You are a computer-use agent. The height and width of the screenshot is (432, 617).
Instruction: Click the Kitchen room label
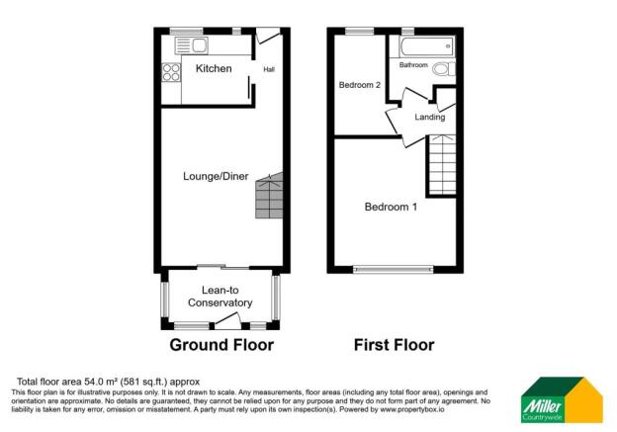click(213, 69)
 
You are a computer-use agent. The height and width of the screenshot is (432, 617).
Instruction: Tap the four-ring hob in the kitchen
click(170, 71)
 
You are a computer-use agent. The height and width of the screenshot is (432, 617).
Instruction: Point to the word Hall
click(269, 69)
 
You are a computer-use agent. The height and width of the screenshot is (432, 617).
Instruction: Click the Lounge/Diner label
click(216, 177)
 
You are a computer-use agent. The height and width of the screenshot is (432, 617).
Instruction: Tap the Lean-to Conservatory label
click(220, 297)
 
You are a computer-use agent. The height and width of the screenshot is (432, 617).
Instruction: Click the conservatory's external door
click(228, 319)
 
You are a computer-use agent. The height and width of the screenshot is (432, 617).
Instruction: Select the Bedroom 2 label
click(360, 85)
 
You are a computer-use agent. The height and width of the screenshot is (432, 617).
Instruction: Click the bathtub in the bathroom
click(426, 45)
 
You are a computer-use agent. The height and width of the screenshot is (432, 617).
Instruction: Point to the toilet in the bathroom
click(442, 69)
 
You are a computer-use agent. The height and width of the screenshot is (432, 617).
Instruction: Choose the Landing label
click(429, 118)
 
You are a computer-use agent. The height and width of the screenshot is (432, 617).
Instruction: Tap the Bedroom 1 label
click(392, 208)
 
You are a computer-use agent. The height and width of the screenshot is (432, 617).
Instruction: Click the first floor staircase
click(442, 166)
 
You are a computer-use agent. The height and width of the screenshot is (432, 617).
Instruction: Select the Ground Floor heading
click(221, 346)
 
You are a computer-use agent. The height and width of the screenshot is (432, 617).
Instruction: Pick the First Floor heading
click(394, 346)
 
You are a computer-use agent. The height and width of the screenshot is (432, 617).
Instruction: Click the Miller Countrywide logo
click(562, 401)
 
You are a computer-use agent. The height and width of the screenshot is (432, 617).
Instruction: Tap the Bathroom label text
click(413, 65)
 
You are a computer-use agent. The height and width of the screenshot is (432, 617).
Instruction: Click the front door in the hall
click(268, 38)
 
